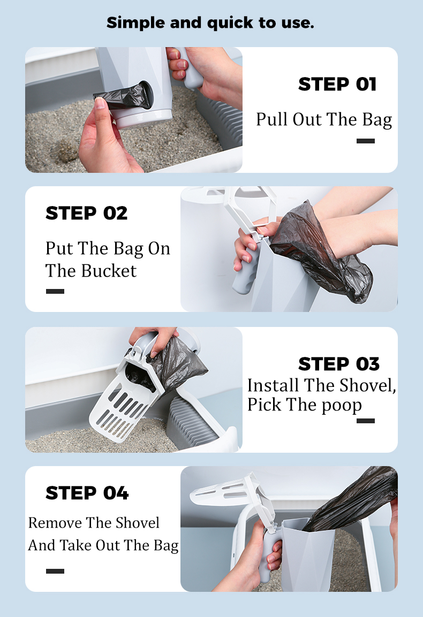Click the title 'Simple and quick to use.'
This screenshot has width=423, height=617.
[x=210, y=22]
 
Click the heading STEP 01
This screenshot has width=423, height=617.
[x=337, y=85]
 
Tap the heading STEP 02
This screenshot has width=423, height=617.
[x=87, y=213]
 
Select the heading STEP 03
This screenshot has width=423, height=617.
[x=338, y=364]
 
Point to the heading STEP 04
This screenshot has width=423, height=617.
[x=87, y=493]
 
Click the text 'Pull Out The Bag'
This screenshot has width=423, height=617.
[x=324, y=119]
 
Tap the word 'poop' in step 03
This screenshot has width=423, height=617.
[x=341, y=405]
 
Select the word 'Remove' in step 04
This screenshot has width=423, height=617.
[x=55, y=523]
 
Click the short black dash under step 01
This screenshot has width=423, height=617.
[x=366, y=141]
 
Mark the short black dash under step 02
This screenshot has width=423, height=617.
[x=55, y=291]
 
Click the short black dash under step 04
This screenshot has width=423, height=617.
[x=55, y=571]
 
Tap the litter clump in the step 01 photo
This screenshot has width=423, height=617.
[x=65, y=152]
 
